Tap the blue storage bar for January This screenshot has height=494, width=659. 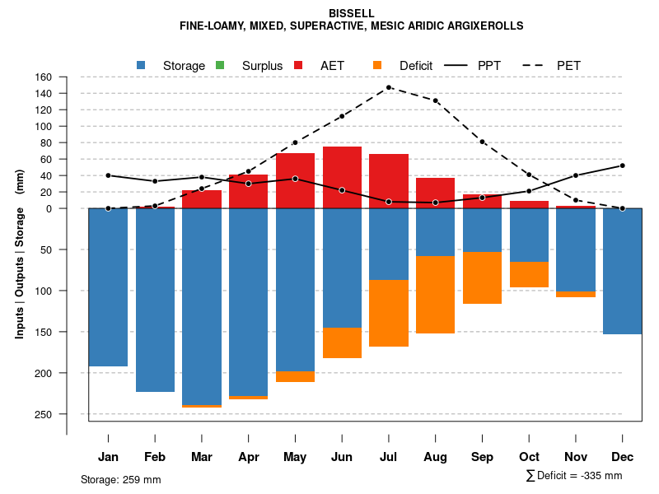(108, 287)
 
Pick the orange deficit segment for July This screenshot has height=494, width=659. (389, 313)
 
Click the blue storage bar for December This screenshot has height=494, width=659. (623, 271)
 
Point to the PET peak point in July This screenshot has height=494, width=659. (389, 87)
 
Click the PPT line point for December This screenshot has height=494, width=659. (623, 165)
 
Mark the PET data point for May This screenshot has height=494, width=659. (295, 142)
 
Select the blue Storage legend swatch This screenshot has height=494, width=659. (142, 65)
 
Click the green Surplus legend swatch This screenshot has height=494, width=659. (220, 65)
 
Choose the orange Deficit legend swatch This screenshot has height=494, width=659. (377, 65)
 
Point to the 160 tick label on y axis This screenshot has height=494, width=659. (44, 77)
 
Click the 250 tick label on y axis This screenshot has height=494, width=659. (44, 414)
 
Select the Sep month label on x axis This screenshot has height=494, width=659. (482, 457)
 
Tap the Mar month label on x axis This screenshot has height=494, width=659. (201, 457)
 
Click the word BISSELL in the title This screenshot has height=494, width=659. (351, 13)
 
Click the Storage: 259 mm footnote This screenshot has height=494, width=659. (120, 479)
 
